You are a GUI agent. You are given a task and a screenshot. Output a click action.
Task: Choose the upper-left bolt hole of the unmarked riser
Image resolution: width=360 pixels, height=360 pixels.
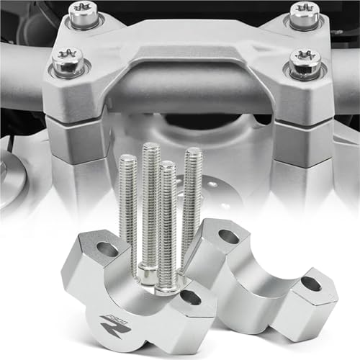[230, 235]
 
